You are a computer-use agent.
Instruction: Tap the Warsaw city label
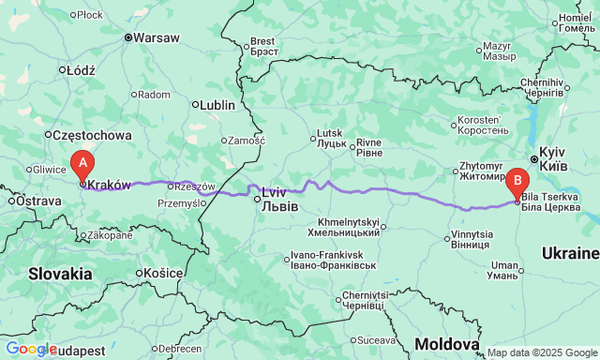(x=157, y=38)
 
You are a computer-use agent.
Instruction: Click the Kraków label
(x=110, y=185)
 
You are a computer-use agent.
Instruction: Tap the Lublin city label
(x=217, y=105)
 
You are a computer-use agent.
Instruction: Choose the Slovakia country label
(x=60, y=274)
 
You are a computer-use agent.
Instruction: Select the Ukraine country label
(x=570, y=253)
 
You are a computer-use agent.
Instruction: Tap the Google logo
(x=30, y=349)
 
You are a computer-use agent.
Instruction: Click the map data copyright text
(x=542, y=353)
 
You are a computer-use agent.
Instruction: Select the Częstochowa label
(x=84, y=134)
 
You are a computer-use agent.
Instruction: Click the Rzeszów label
(x=195, y=187)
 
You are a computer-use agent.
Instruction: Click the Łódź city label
(x=78, y=69)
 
